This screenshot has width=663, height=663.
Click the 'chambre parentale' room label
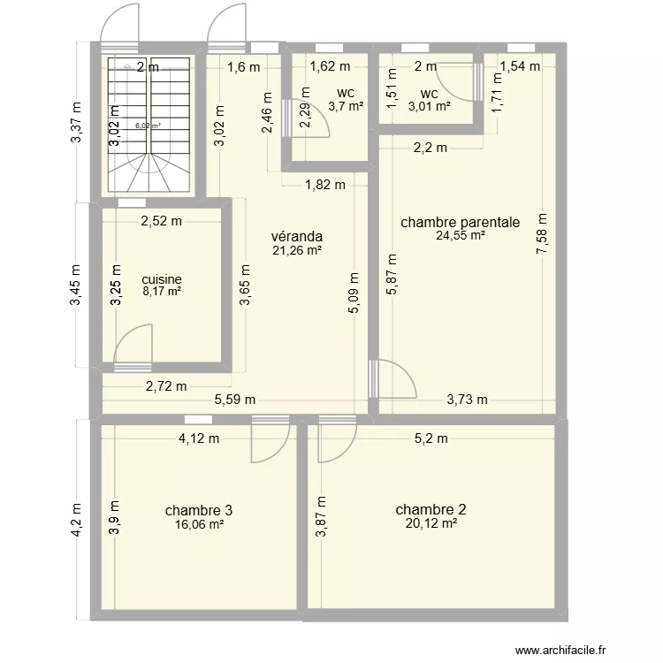[460, 222]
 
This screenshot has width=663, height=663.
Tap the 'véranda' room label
[296, 236]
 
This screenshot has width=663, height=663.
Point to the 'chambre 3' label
[199, 510]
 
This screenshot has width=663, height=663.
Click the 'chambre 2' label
[431, 509]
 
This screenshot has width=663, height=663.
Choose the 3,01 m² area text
[428, 107]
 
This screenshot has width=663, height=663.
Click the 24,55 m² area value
[460, 236]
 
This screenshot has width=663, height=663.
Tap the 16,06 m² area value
[199, 524]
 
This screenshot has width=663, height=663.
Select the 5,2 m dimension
[432, 438]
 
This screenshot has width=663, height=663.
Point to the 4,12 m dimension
[198, 438]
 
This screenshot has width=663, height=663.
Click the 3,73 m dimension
[467, 399]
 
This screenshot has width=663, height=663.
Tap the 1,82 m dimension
[324, 184]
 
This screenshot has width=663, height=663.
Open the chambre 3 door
[270, 439]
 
